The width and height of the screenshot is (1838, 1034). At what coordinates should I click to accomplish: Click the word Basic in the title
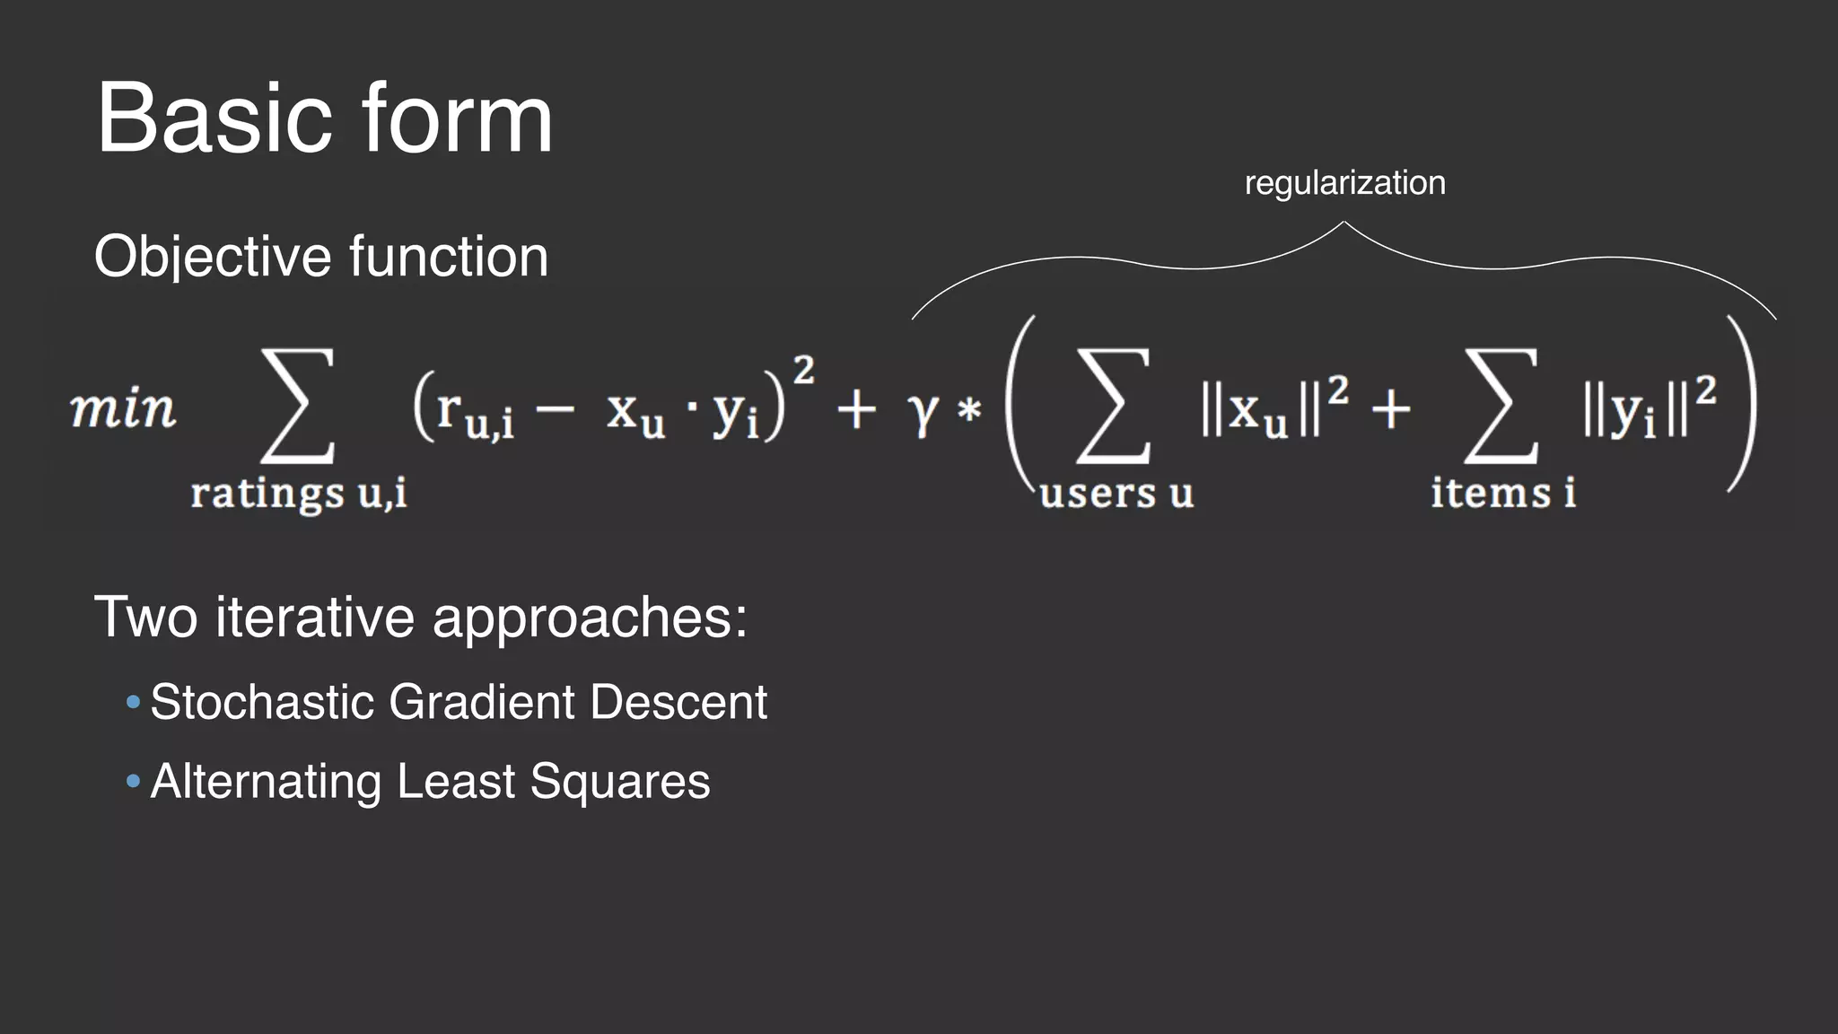coord(214,118)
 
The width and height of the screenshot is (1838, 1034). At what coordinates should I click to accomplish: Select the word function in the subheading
coord(449,257)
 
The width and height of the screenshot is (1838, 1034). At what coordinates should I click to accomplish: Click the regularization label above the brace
coord(1344,183)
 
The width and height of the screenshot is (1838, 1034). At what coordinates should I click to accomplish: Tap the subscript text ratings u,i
coord(298,493)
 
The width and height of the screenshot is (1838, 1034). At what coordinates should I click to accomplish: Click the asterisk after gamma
coord(969,412)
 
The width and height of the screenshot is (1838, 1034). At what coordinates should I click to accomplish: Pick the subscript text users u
coord(1116,493)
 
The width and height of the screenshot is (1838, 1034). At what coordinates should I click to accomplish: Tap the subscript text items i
coord(1502,493)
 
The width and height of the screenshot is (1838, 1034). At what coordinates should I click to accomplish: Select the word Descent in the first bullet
coord(678,701)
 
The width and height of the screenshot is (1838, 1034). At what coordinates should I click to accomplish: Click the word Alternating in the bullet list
coord(266,781)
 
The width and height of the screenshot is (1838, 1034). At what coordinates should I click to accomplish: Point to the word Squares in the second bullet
coord(619,781)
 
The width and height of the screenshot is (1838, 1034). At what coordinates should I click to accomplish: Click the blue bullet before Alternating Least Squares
coord(134,781)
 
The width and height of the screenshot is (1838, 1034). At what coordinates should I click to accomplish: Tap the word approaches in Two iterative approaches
coord(590,618)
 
